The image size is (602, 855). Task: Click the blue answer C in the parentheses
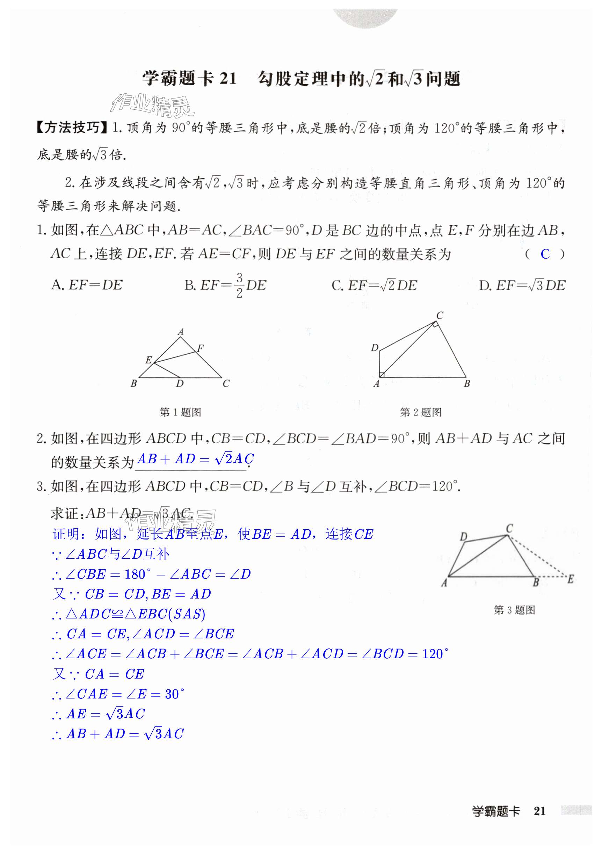pyautogui.click(x=545, y=254)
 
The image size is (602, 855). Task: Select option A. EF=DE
pyautogui.click(x=87, y=285)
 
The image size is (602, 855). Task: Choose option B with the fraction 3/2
pyautogui.click(x=225, y=285)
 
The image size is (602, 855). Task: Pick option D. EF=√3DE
pyautogui.click(x=522, y=285)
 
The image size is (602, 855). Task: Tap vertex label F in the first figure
pyautogui.click(x=200, y=348)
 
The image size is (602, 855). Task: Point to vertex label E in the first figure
pyautogui.click(x=148, y=360)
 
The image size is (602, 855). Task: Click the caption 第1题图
pyautogui.click(x=180, y=412)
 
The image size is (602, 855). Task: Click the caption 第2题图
pyautogui.click(x=421, y=412)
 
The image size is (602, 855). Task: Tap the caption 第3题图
pyautogui.click(x=514, y=610)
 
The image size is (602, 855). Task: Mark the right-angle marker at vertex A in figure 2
pyautogui.click(x=382, y=375)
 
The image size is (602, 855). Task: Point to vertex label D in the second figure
pyautogui.click(x=375, y=348)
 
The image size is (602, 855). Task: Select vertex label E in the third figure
pyautogui.click(x=570, y=579)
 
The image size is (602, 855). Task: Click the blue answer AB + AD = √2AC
pyautogui.click(x=195, y=459)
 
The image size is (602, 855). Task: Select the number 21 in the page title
pyautogui.click(x=228, y=79)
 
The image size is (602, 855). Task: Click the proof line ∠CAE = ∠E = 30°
pyautogui.click(x=118, y=694)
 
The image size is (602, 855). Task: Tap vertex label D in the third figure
pyautogui.click(x=464, y=537)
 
